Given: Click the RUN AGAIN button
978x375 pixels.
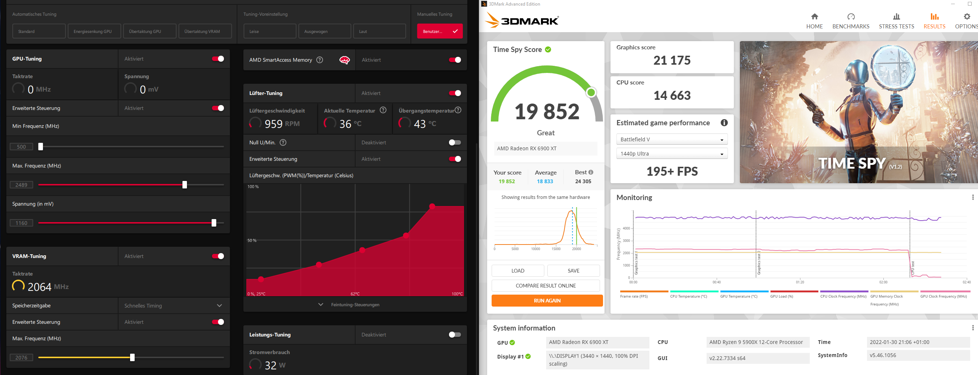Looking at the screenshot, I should click(x=547, y=301).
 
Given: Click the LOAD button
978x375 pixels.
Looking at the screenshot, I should click(x=517, y=271).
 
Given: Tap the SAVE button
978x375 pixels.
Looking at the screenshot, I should click(x=573, y=271).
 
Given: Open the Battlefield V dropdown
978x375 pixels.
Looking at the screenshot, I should click(x=671, y=139).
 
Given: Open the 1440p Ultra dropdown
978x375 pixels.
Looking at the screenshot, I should click(x=671, y=154).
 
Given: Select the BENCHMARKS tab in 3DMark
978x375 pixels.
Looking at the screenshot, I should click(x=851, y=21).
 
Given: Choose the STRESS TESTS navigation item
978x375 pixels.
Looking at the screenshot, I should click(x=896, y=21).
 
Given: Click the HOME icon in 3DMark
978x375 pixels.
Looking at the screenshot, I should click(x=814, y=21).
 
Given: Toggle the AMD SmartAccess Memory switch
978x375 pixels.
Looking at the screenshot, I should click(x=455, y=60).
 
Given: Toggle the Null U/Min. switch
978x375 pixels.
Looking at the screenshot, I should click(x=455, y=143).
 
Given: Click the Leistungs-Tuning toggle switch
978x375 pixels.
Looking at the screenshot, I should click(x=455, y=335).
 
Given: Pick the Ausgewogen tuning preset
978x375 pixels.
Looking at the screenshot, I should click(x=324, y=31).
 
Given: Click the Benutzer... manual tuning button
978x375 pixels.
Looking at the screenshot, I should click(x=440, y=31).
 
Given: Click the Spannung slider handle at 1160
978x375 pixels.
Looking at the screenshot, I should click(x=214, y=223).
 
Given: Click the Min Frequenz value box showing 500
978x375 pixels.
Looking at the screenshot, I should click(x=21, y=147).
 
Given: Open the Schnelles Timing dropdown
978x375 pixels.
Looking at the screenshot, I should click(x=173, y=306).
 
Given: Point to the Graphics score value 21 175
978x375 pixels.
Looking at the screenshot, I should click(x=671, y=60).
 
